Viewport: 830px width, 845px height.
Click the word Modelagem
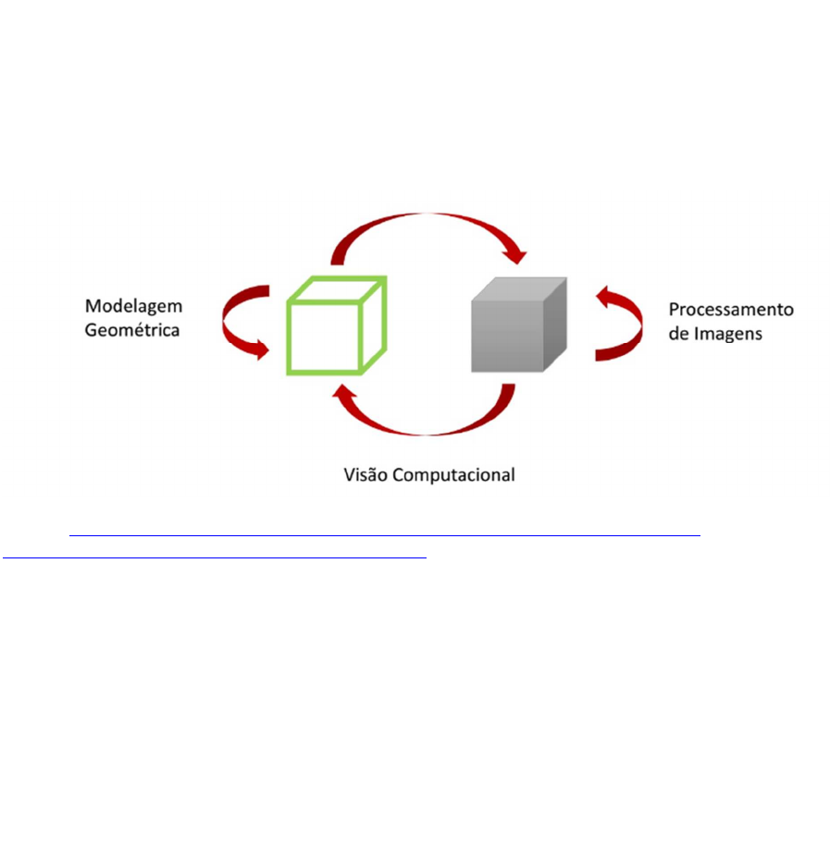point(134,307)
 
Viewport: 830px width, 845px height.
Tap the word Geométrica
point(132,329)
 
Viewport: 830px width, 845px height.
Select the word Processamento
point(731,310)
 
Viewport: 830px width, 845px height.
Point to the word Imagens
point(727,334)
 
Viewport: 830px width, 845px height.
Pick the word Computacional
point(453,475)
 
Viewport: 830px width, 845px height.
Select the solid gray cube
point(519,325)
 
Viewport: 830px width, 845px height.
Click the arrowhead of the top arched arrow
point(516,256)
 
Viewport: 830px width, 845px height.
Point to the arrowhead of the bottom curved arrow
point(343,392)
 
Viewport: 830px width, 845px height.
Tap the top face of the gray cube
point(519,289)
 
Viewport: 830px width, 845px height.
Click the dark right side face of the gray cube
point(555,325)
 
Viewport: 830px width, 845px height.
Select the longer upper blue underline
point(385,535)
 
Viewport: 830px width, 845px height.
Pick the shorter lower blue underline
point(215,557)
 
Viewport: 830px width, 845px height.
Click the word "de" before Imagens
point(678,334)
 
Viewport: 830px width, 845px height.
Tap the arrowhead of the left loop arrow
point(262,349)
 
